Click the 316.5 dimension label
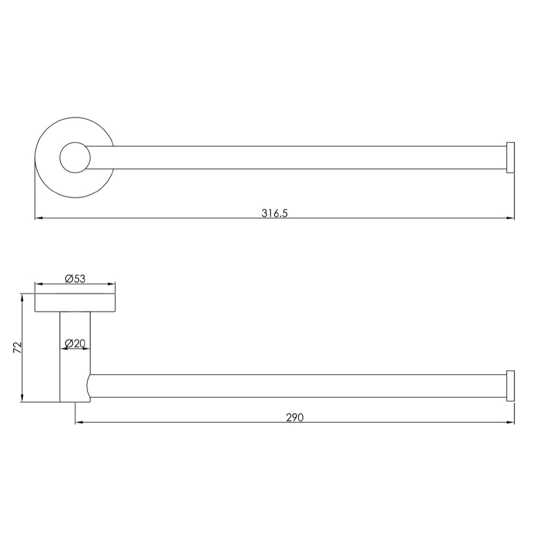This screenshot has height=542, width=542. (x=274, y=213)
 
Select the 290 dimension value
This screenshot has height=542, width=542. (x=294, y=417)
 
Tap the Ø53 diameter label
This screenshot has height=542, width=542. (x=75, y=279)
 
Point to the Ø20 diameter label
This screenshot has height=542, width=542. (x=75, y=343)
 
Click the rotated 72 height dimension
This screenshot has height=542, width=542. (x=17, y=347)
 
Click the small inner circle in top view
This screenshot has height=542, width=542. (x=75, y=158)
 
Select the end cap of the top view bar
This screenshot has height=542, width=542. (x=510, y=158)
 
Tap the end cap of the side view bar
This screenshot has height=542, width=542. (x=510, y=386)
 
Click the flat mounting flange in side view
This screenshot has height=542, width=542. (x=75, y=303)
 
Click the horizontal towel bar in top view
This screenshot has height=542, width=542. (x=298, y=158)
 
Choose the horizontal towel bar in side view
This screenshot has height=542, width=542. (x=298, y=386)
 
